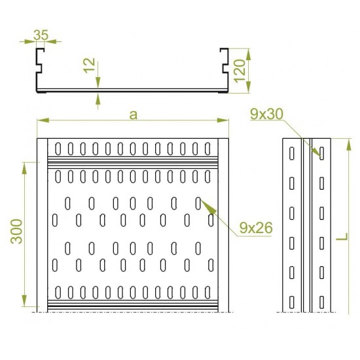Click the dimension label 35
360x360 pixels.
(41, 35)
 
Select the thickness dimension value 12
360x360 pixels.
(89, 65)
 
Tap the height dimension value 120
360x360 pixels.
(240, 71)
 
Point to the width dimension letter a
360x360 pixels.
(133, 115)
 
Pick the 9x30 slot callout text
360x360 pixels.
(266, 114)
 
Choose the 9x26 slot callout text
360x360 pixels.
(256, 228)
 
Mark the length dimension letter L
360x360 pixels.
(342, 236)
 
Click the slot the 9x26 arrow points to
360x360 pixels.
(198, 204)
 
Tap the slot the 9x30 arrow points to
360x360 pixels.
(321, 153)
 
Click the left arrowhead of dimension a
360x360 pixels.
(43, 120)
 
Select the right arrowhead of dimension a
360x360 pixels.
(223, 120)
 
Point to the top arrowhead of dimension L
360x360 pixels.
(349, 145)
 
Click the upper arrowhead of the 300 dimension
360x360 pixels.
(24, 168)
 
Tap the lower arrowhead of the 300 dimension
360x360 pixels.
(24, 301)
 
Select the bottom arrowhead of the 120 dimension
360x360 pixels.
(248, 88)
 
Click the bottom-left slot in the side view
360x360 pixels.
(291, 302)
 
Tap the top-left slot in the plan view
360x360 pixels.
(58, 149)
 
